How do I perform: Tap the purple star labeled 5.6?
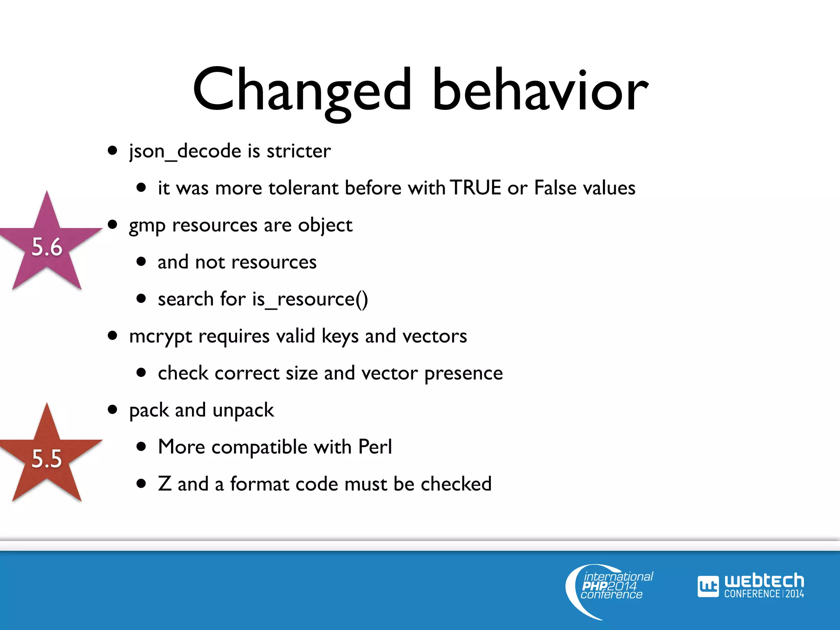coord(47,246)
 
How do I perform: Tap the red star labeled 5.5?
coord(47,457)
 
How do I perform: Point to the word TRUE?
coord(475,188)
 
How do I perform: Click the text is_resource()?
coord(310,299)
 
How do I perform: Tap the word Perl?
coord(375,447)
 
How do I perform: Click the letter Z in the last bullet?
coord(164,484)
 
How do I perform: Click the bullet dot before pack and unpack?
coord(112,409)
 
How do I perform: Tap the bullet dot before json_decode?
coord(112,151)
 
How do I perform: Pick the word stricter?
coord(299,151)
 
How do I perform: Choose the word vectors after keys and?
coord(434,336)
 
